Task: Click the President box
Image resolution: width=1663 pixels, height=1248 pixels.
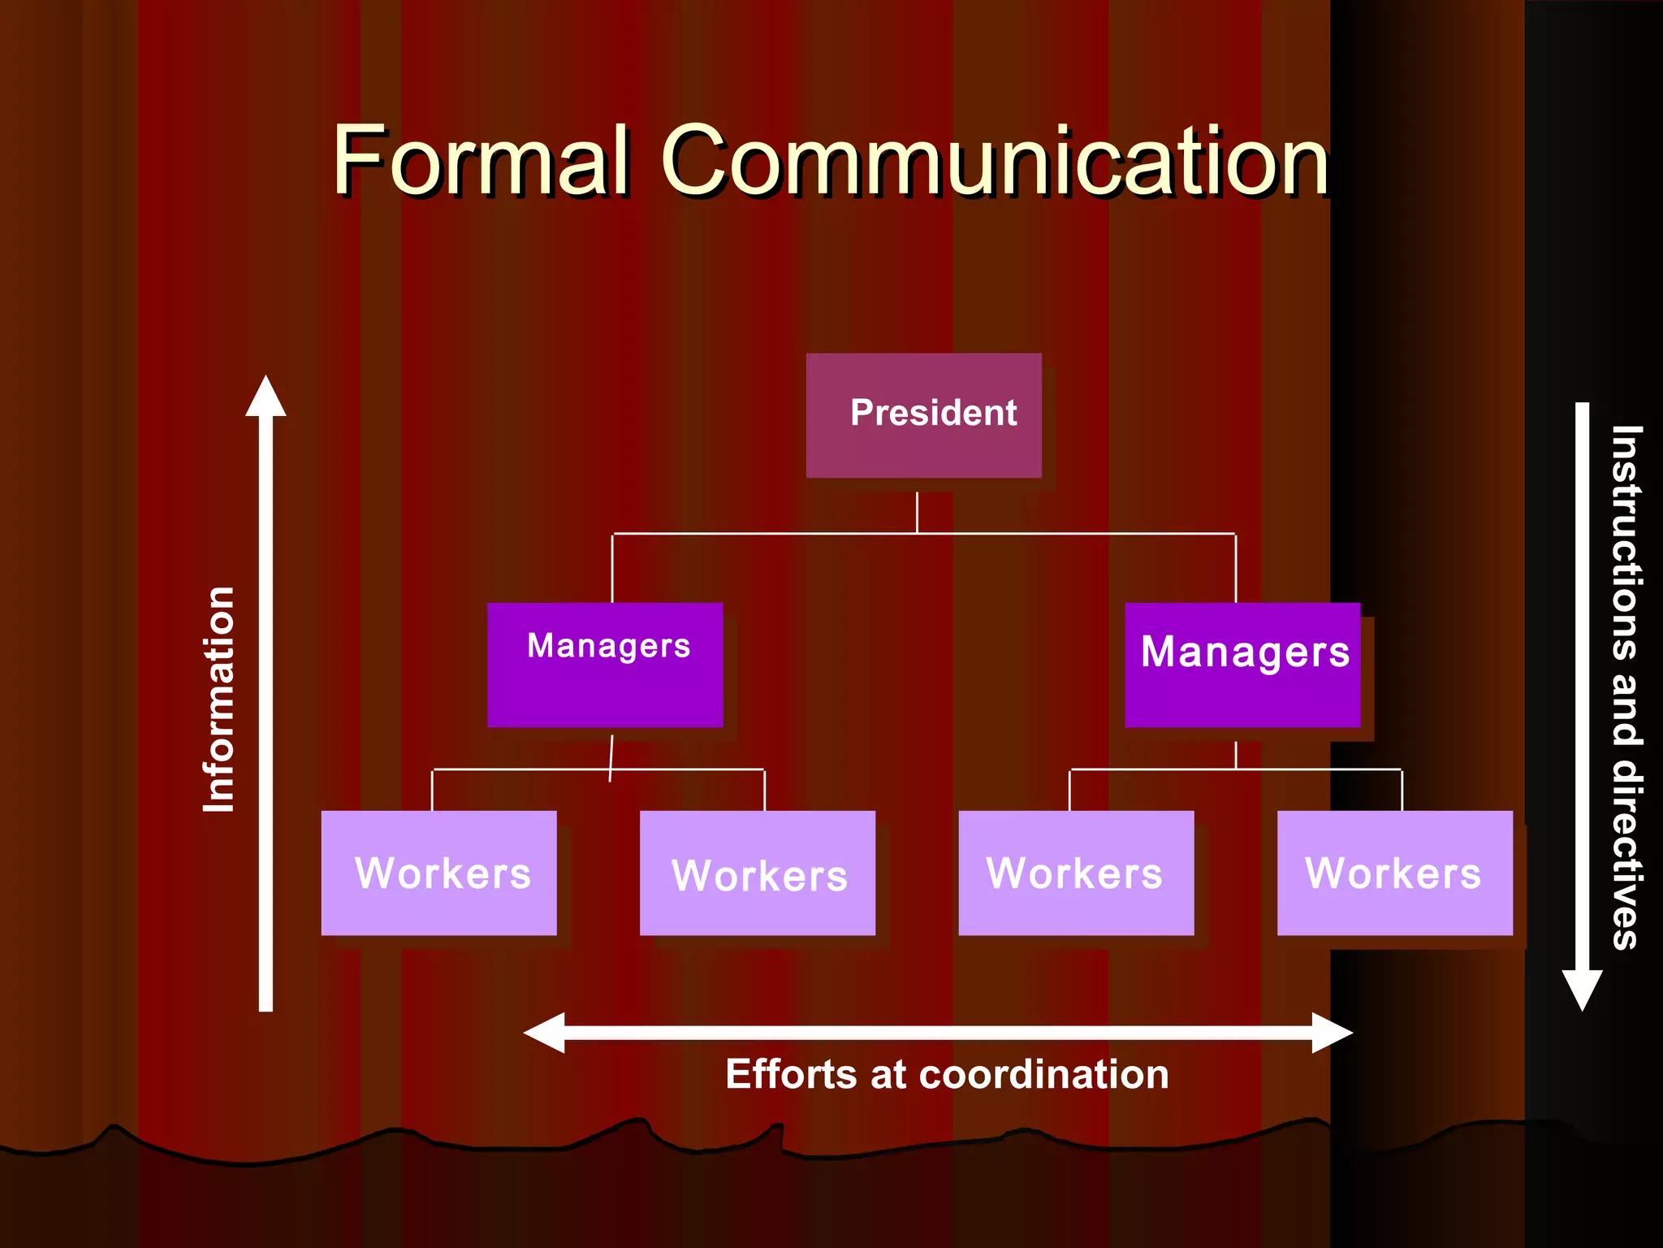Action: pyautogui.click(x=923, y=415)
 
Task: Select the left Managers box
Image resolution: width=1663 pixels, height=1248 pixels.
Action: pyautogui.click(x=605, y=665)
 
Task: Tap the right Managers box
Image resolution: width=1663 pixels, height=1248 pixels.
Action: pyautogui.click(x=1242, y=665)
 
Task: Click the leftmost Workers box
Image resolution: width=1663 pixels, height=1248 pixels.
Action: pyautogui.click(x=438, y=873)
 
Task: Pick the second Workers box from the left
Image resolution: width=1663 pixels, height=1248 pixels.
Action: pyautogui.click(x=758, y=873)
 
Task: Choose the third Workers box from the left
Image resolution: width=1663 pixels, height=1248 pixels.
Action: pyautogui.click(x=1076, y=873)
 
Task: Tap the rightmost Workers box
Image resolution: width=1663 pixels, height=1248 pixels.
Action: pyautogui.click(x=1395, y=873)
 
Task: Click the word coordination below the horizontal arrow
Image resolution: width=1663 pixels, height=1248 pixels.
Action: pyautogui.click(x=1043, y=1074)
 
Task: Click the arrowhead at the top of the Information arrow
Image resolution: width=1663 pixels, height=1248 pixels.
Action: pyautogui.click(x=266, y=396)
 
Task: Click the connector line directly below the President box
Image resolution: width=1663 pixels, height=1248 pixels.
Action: pyautogui.click(x=917, y=512)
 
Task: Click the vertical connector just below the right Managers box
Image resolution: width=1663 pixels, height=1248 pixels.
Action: pyautogui.click(x=1236, y=754)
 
